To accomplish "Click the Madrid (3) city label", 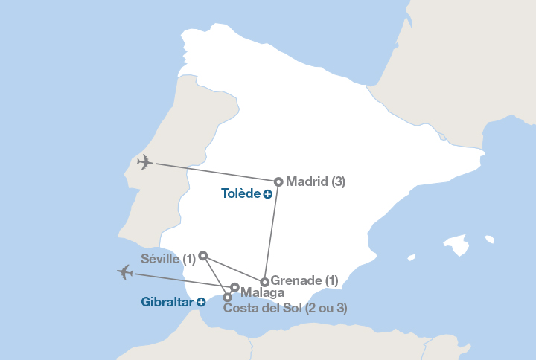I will tap(316, 181).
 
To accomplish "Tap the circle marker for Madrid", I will tap(278, 181).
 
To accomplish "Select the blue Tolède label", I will tap(240, 193).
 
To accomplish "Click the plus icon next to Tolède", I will tap(267, 194).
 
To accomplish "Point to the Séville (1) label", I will tap(168, 259).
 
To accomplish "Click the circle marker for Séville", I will tap(203, 256).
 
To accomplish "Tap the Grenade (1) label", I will tap(304, 280).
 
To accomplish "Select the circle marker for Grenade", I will tap(265, 282).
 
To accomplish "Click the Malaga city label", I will tap(263, 294).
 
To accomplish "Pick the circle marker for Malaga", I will tap(234, 287).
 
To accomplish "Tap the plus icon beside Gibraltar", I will tap(201, 302).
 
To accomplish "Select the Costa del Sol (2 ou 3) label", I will tap(285, 308).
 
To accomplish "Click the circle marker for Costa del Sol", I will tap(227, 298).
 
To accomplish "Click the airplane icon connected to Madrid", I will tap(145, 162).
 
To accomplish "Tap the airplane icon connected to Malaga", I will tap(125, 273).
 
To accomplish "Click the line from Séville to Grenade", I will tap(234, 269).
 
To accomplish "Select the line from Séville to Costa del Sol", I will tap(215, 277).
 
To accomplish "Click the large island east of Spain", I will tap(455, 245).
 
